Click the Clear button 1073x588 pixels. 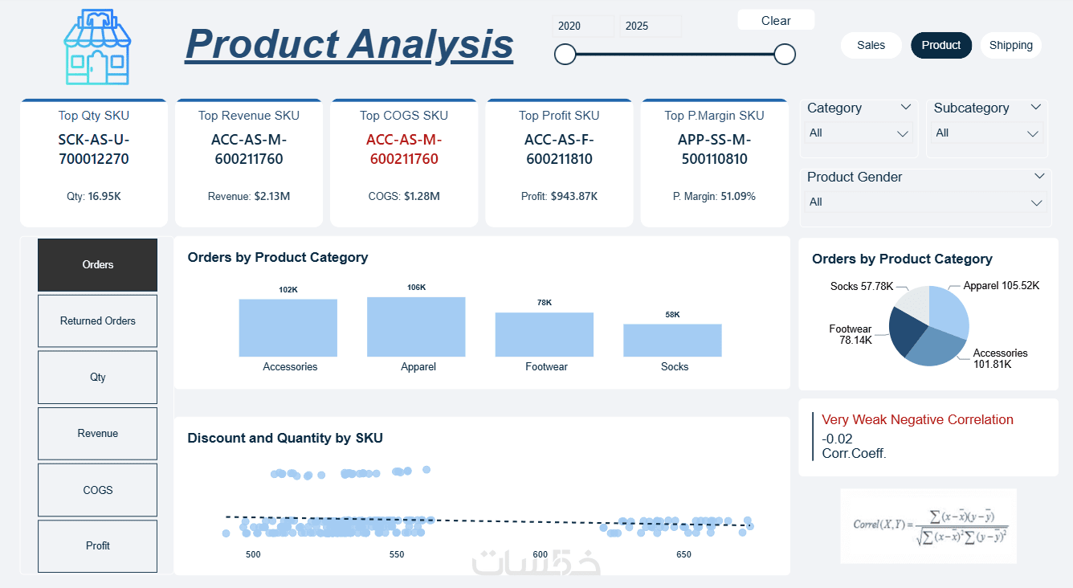pyautogui.click(x=776, y=20)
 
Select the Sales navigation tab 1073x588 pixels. pyautogui.click(x=871, y=45)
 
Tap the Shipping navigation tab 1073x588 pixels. pyautogui.click(x=1010, y=45)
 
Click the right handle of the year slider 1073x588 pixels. pyautogui.click(x=785, y=54)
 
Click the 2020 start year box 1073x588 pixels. pyautogui.click(x=583, y=26)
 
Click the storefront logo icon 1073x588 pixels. pyautogui.click(x=97, y=47)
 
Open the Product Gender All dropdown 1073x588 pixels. pyautogui.click(x=925, y=202)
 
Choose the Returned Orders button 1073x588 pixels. pyautogui.click(x=98, y=321)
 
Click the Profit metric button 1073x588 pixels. pyautogui.click(x=98, y=546)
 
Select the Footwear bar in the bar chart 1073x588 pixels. pyautogui.click(x=545, y=334)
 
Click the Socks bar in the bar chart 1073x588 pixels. pyautogui.click(x=672, y=341)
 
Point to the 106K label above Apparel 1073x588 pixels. pyautogui.click(x=416, y=288)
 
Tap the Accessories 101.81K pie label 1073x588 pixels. pyautogui.click(x=1000, y=358)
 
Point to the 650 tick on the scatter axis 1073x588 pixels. pyautogui.click(x=683, y=554)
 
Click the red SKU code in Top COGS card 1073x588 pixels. pyautogui.click(x=404, y=149)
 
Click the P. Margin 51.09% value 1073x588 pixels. pyautogui.click(x=714, y=197)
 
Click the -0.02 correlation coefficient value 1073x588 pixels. pyautogui.click(x=837, y=439)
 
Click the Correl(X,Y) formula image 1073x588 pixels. pyautogui.click(x=928, y=526)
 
